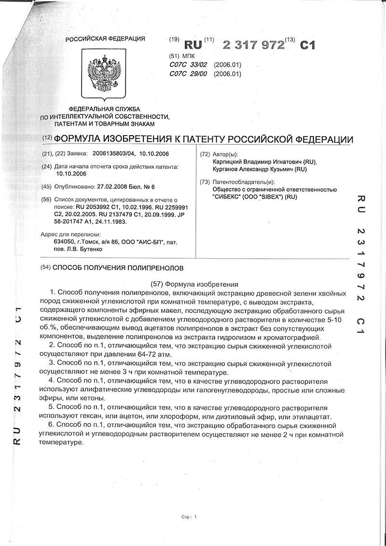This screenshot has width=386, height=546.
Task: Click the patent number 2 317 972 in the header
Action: click(x=253, y=45)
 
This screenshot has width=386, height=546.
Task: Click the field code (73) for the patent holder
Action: click(x=205, y=182)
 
